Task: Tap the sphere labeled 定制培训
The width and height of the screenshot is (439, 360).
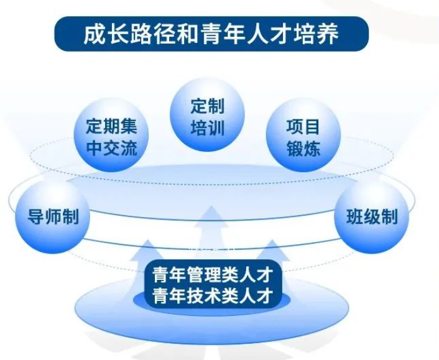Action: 208,116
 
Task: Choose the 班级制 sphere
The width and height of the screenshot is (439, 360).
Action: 372,217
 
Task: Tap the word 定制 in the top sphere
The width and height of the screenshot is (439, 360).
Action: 208,106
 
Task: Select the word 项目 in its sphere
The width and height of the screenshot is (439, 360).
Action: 303,127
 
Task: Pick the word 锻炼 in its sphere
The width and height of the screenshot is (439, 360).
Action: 303,148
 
